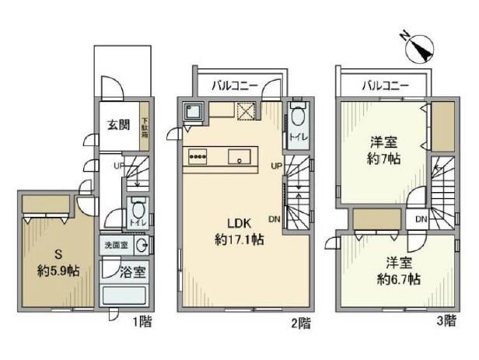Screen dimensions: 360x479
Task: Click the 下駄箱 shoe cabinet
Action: pos(144,127)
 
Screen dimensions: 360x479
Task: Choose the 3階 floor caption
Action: pos(450,320)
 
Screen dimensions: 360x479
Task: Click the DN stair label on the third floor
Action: pos(420,220)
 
